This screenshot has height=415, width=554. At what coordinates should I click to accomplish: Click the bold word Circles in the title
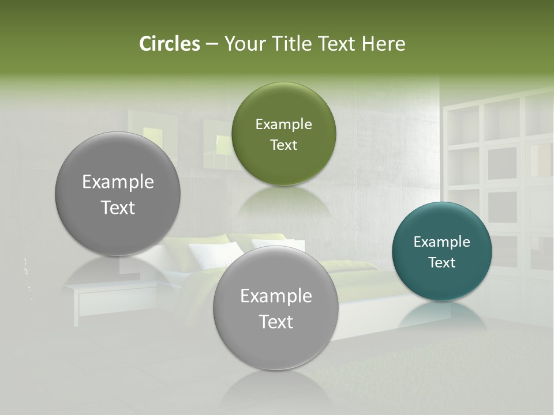[x=169, y=44]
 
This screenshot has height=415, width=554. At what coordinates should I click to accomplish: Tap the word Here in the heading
[x=383, y=44]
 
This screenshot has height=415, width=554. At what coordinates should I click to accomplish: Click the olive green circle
[x=283, y=134]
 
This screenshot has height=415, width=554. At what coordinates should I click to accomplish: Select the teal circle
[x=441, y=251]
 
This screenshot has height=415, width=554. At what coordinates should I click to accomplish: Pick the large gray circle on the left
[x=118, y=194]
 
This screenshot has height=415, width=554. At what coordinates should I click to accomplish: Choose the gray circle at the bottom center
[x=276, y=308]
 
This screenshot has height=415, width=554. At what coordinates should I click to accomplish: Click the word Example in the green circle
[x=283, y=124]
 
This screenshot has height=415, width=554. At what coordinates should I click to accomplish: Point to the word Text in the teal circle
[x=441, y=263]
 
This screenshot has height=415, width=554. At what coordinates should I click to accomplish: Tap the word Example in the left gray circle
[x=118, y=182]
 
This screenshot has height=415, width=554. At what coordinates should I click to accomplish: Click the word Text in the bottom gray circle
[x=276, y=322]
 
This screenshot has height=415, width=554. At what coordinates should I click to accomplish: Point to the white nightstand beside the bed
[x=110, y=300]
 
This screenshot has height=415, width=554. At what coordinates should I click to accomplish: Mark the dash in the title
[x=212, y=44]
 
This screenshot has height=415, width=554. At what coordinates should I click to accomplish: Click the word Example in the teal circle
[x=441, y=242]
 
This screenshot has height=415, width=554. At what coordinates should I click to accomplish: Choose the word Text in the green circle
[x=283, y=145]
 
